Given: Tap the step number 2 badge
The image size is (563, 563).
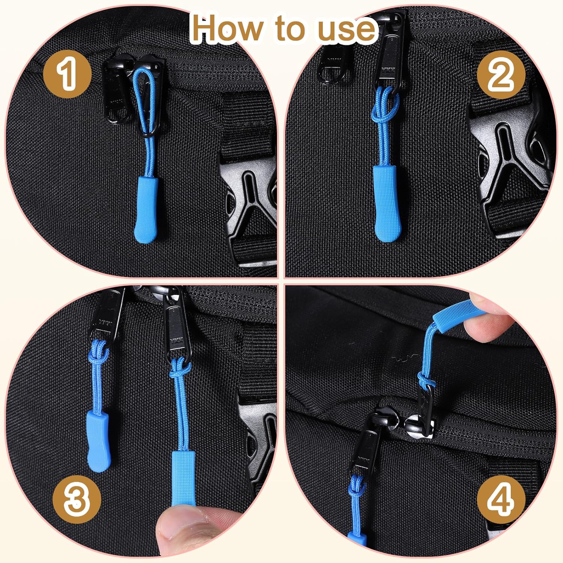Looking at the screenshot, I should click(x=500, y=75).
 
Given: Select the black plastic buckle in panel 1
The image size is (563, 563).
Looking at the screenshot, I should click(x=250, y=210).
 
